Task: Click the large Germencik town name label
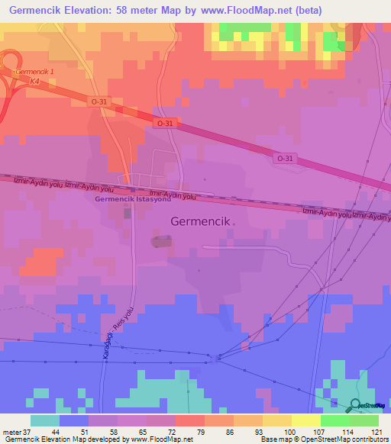(197, 221)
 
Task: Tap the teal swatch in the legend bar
(45, 420)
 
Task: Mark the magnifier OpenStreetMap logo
(356, 405)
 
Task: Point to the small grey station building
(128, 214)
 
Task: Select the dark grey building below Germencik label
(161, 242)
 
